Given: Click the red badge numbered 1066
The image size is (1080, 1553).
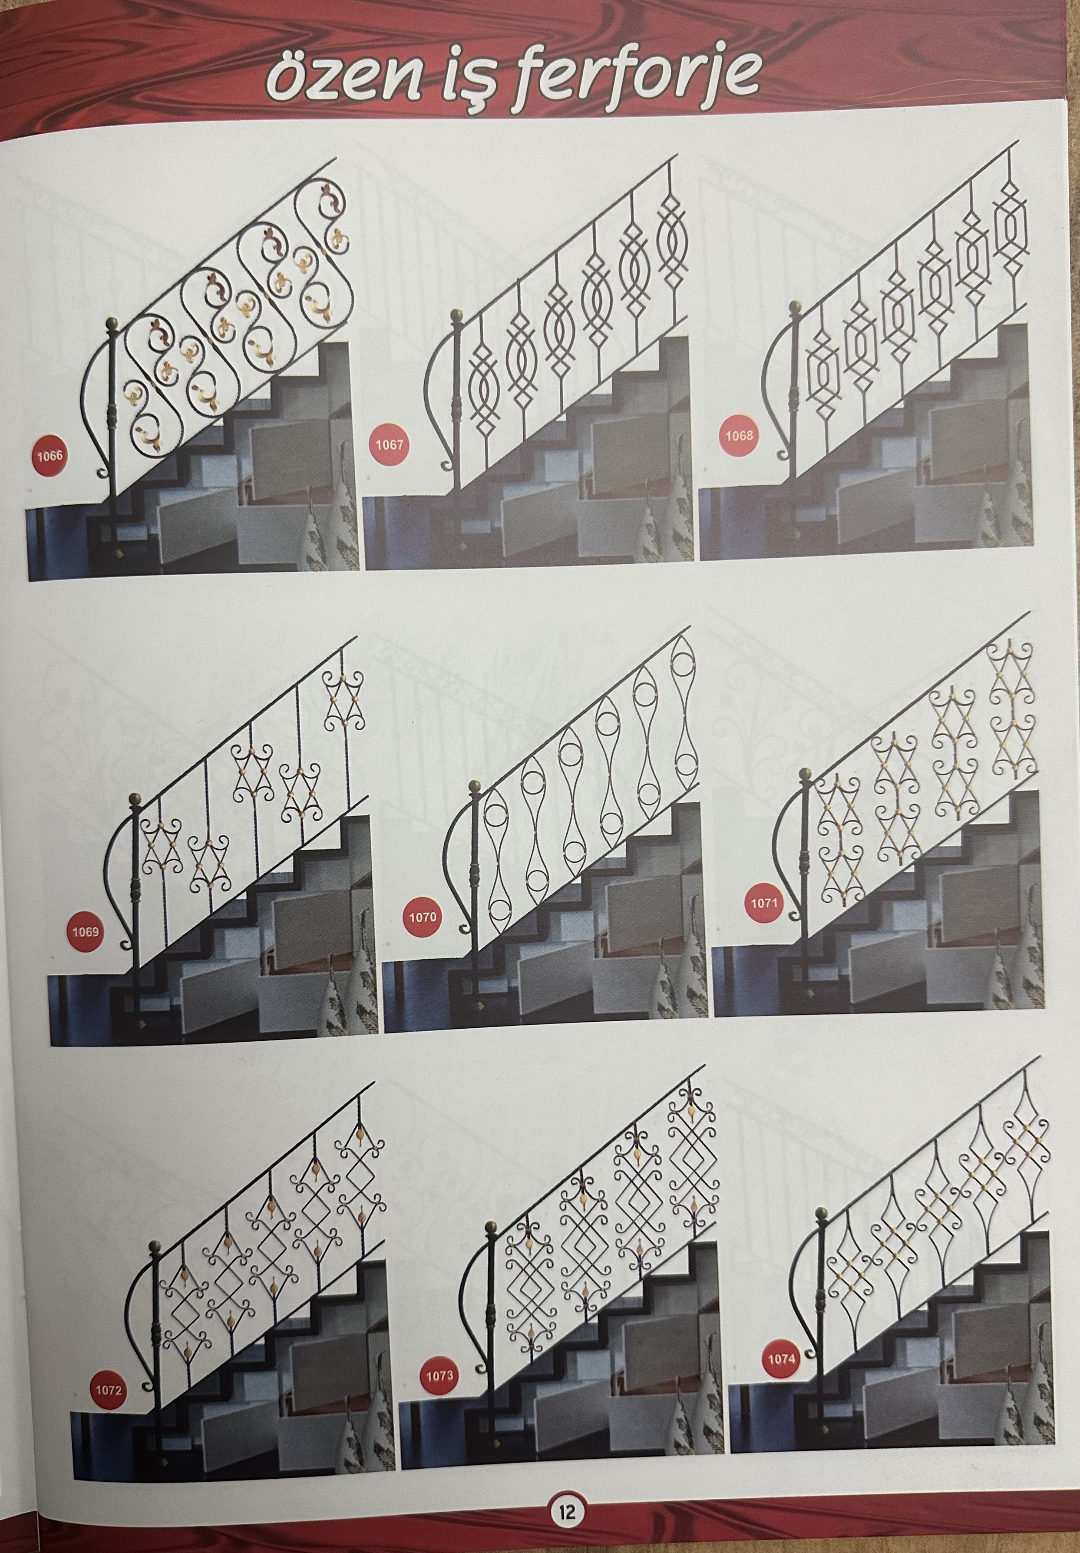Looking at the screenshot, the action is point(50,455).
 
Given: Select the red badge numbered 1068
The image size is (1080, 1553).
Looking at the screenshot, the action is point(739,436).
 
